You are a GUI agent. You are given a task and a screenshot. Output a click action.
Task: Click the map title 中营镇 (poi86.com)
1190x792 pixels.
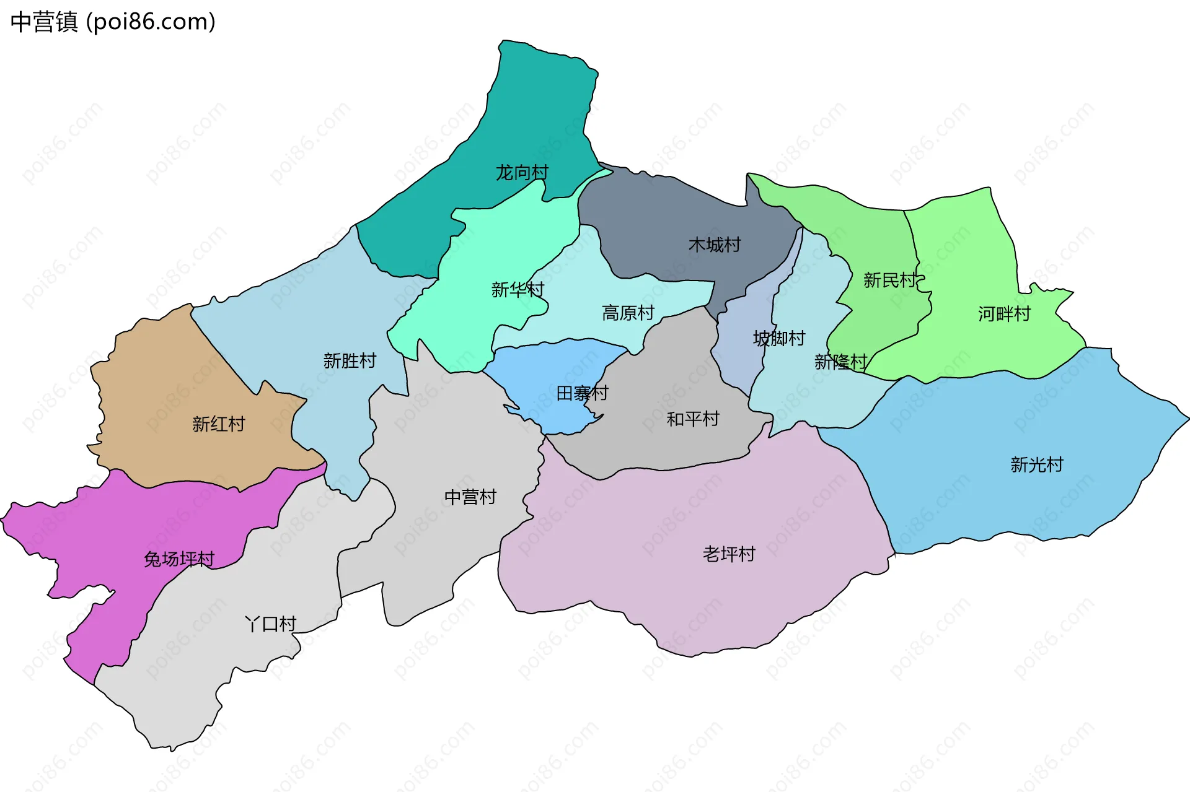point(113,22)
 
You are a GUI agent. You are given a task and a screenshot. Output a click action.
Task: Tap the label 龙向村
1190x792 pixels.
point(522,172)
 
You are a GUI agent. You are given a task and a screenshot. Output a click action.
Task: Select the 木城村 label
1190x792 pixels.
point(715,245)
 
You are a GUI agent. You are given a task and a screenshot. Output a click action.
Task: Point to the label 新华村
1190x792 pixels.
point(518,290)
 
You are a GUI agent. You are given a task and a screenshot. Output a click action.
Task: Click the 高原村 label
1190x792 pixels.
point(628,313)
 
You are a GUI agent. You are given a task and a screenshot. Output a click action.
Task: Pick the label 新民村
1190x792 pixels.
point(889,281)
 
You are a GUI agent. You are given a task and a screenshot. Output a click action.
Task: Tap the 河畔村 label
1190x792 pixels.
point(1004,315)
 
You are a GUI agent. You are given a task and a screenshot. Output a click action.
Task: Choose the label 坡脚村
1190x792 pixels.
point(779,339)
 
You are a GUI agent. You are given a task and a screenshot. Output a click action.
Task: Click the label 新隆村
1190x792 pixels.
point(840,362)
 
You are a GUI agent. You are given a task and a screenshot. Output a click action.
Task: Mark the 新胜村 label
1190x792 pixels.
point(350,361)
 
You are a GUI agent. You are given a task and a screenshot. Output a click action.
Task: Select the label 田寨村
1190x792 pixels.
point(582,393)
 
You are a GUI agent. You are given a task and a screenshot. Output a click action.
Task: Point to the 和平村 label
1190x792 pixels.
point(693,419)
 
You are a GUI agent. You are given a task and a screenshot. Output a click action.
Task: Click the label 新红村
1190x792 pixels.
point(218,424)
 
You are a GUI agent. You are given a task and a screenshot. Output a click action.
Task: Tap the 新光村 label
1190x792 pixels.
point(1037,464)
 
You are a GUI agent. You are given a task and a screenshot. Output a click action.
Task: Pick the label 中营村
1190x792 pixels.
point(470,497)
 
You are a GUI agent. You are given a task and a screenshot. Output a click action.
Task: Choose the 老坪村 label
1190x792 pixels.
point(729,554)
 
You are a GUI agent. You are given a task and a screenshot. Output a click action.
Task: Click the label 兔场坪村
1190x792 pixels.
point(179,560)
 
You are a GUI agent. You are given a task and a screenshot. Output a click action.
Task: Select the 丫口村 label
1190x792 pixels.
point(271,624)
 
